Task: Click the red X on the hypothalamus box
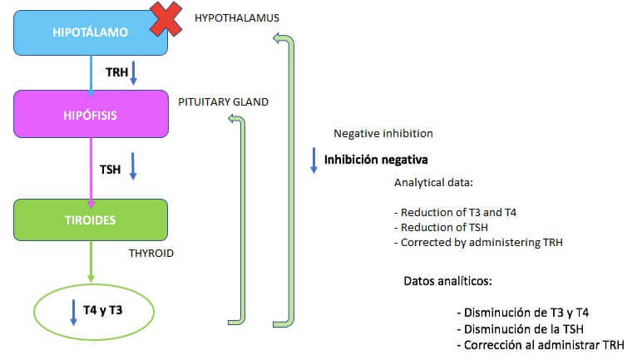(166, 19)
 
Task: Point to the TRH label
(116, 72)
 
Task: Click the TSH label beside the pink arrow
(111, 169)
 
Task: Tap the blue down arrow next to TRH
(133, 73)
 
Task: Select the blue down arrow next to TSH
(132, 165)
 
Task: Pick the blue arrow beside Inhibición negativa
(314, 160)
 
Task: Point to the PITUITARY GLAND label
(223, 102)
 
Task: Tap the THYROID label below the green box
(151, 253)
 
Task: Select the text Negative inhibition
(383, 133)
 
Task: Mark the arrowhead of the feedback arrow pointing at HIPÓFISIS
(234, 121)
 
